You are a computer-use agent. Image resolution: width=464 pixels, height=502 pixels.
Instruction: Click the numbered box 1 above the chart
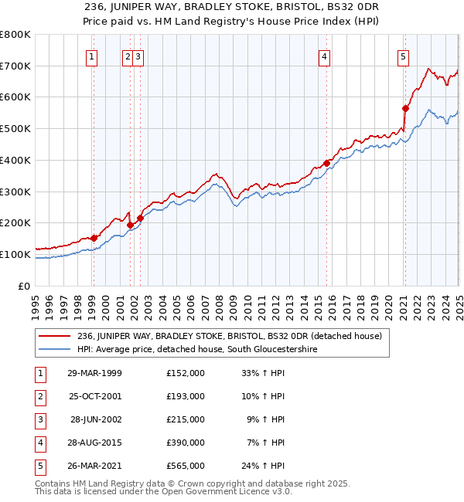[x=92, y=56]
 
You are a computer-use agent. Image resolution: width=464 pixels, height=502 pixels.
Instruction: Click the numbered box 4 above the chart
[x=326, y=56]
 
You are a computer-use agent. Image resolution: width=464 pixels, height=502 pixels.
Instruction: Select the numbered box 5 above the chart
[x=404, y=56]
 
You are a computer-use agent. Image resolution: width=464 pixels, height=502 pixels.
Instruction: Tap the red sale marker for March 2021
[x=405, y=109]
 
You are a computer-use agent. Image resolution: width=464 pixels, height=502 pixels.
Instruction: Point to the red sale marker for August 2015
[x=326, y=164]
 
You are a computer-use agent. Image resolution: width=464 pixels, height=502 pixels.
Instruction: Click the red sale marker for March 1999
[x=94, y=238]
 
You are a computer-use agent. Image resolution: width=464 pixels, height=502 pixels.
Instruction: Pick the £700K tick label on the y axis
[x=15, y=66]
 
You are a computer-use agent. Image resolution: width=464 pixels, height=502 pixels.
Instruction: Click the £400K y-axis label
[x=15, y=160]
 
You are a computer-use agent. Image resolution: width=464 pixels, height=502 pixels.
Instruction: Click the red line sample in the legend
[x=54, y=336]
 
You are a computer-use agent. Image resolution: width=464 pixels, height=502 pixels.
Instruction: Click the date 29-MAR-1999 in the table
[x=95, y=373]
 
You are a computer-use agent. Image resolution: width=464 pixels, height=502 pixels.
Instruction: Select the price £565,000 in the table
[x=186, y=466]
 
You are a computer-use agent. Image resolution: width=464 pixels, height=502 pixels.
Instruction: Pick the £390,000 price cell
[x=186, y=443]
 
